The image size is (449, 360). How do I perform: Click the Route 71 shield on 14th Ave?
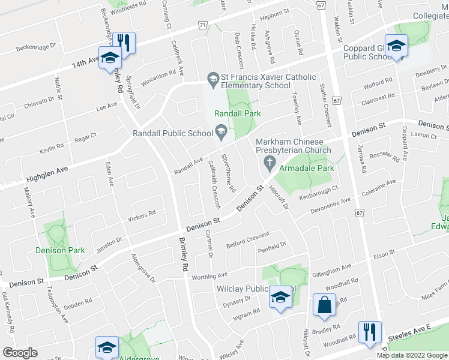pyautogui.click(x=203, y=25)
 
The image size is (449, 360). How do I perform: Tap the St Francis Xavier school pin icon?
pyautogui.click(x=212, y=78)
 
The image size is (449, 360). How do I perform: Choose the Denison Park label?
pyautogui.click(x=60, y=250)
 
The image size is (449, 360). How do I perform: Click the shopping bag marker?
pyautogui.click(x=324, y=304)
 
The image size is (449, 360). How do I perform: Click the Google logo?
pyautogui.click(x=20, y=353)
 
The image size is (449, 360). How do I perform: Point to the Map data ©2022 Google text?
pyautogui.click(x=412, y=355)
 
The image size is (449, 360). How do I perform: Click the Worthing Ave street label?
pyautogui.click(x=209, y=276)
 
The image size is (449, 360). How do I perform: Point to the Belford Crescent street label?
pyautogui.click(x=247, y=241)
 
